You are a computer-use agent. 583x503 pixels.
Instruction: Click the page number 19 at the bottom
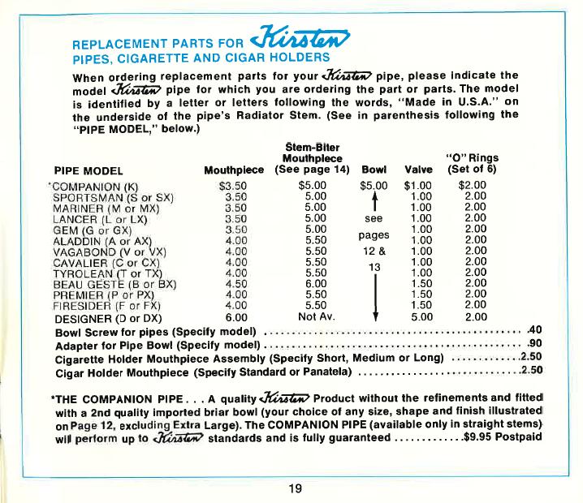[x=294, y=488]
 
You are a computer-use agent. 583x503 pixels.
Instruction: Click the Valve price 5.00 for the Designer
[x=420, y=316]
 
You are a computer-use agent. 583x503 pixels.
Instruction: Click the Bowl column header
[x=373, y=171]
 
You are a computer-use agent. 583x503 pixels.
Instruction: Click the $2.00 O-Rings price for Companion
[x=472, y=185]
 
